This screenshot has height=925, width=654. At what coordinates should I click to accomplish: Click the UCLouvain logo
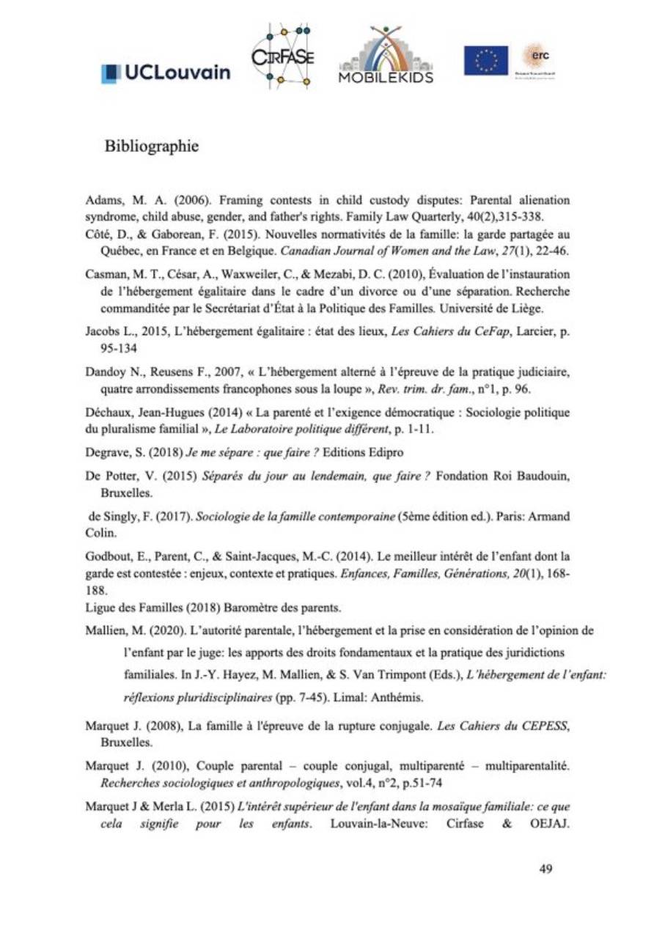(x=166, y=72)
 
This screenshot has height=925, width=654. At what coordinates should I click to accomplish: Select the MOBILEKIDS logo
(x=386, y=56)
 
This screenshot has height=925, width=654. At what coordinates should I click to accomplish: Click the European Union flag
(x=485, y=61)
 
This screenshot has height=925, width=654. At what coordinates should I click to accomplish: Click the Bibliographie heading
(x=152, y=147)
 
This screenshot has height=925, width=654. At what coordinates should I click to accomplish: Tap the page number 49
(x=545, y=869)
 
